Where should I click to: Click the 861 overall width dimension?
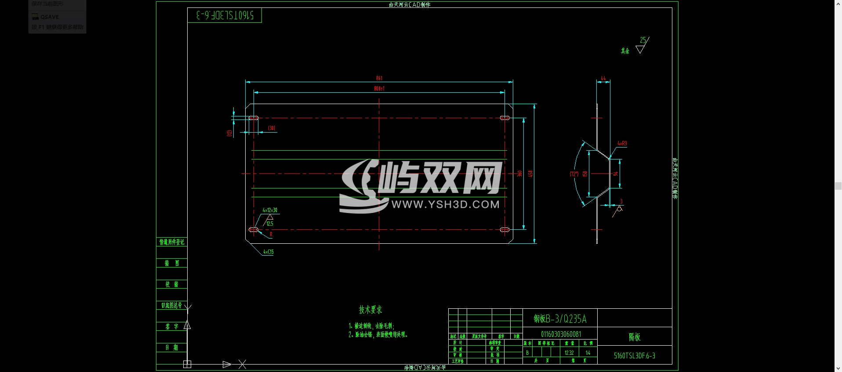(x=379, y=78)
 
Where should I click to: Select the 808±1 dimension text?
(x=379, y=89)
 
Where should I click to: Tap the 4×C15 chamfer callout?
(x=268, y=252)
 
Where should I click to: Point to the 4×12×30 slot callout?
(x=270, y=210)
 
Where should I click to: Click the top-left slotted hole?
(x=254, y=118)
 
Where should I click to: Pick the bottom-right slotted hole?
(x=505, y=229)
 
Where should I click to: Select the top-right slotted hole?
(x=505, y=118)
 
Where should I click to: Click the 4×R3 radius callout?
(x=622, y=144)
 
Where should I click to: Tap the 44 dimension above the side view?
(x=603, y=78)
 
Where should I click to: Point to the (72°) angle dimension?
(x=574, y=174)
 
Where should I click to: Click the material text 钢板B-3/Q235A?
(x=560, y=319)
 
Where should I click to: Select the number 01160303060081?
(x=561, y=334)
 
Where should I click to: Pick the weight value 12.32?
(x=569, y=353)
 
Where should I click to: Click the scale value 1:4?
(x=588, y=353)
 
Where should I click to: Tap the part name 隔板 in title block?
(x=634, y=337)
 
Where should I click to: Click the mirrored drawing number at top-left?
(x=225, y=15)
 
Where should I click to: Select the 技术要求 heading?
(x=370, y=310)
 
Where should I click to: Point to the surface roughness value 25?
(x=643, y=40)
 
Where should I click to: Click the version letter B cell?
(x=527, y=353)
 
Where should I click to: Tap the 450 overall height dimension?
(x=530, y=174)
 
